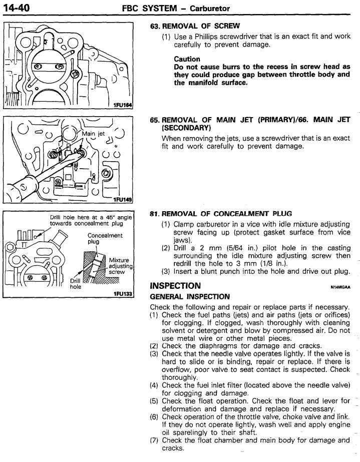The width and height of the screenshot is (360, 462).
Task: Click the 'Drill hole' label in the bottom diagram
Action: (75, 284)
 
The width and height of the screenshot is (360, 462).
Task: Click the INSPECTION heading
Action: (175, 286)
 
